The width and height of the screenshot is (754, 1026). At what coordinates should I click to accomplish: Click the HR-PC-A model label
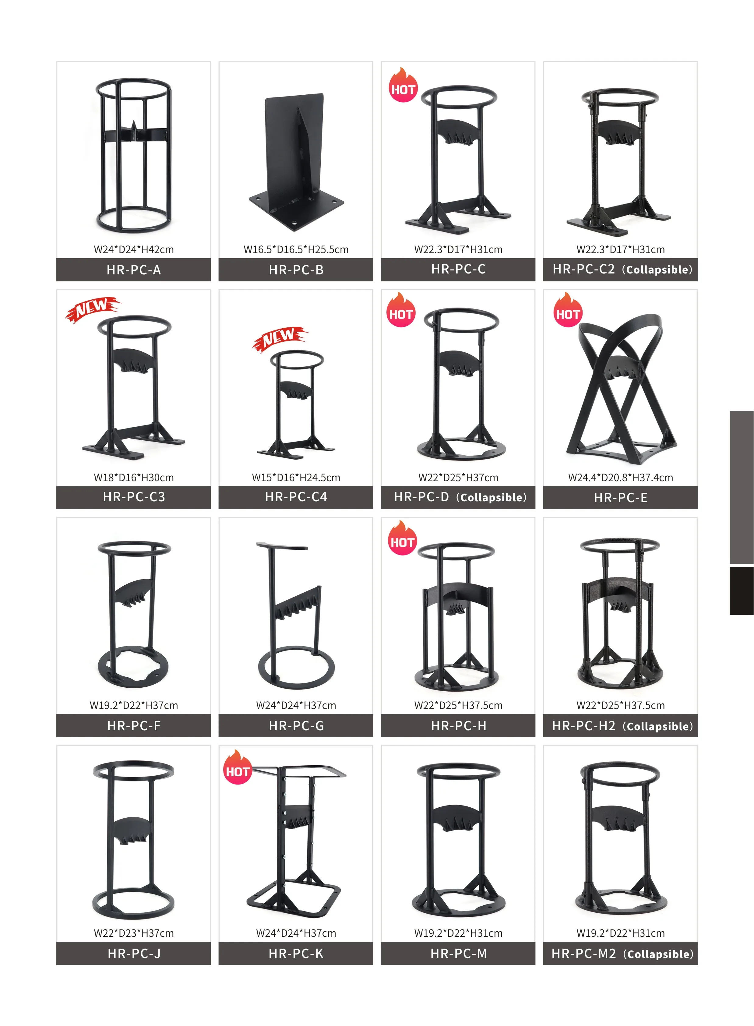point(133,270)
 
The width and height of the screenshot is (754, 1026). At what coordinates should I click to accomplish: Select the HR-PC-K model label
point(296,954)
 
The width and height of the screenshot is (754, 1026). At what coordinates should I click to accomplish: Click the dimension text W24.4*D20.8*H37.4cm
point(620,478)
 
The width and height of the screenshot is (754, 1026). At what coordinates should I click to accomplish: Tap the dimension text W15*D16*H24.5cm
point(296,478)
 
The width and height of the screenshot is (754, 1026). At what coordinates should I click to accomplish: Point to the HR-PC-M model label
point(458,954)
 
